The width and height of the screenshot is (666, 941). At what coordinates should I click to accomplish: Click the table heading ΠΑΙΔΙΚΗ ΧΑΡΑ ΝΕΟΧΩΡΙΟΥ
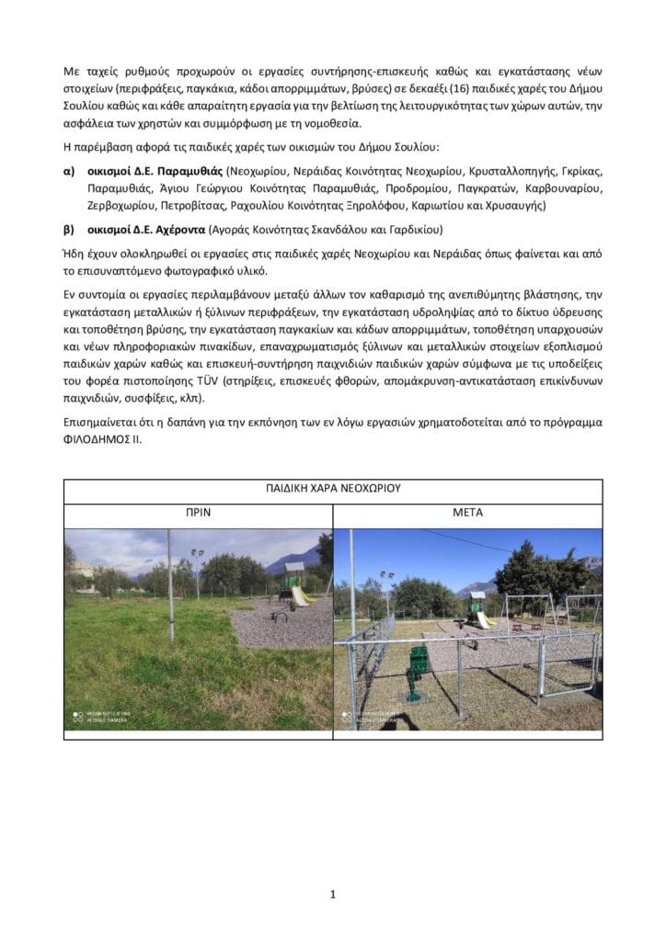point(333,488)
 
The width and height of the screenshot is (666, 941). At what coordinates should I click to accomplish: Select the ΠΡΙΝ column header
point(199,513)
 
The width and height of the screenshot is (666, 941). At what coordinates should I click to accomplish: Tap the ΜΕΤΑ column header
point(467,513)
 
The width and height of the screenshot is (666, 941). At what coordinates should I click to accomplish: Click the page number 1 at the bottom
point(332,893)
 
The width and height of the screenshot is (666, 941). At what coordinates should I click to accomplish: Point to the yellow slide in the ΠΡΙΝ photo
point(300,596)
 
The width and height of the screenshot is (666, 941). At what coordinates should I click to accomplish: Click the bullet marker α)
point(69,170)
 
